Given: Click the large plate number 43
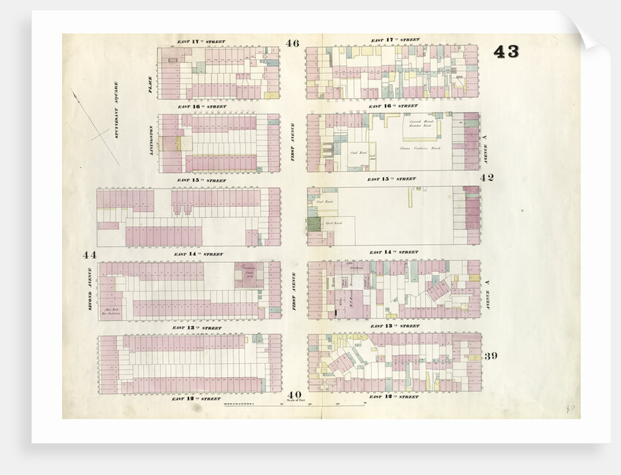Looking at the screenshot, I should [506, 52].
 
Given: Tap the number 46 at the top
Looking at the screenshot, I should [293, 44].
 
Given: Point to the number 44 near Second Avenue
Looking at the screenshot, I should [90, 254].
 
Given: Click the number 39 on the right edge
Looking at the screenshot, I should [490, 355].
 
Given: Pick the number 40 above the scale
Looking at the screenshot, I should [294, 395].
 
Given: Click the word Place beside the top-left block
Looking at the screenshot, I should [150, 85].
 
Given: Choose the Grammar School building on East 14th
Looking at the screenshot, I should [248, 275].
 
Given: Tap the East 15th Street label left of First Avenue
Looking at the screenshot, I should [194, 180].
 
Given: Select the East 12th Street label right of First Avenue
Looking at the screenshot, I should [394, 397].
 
